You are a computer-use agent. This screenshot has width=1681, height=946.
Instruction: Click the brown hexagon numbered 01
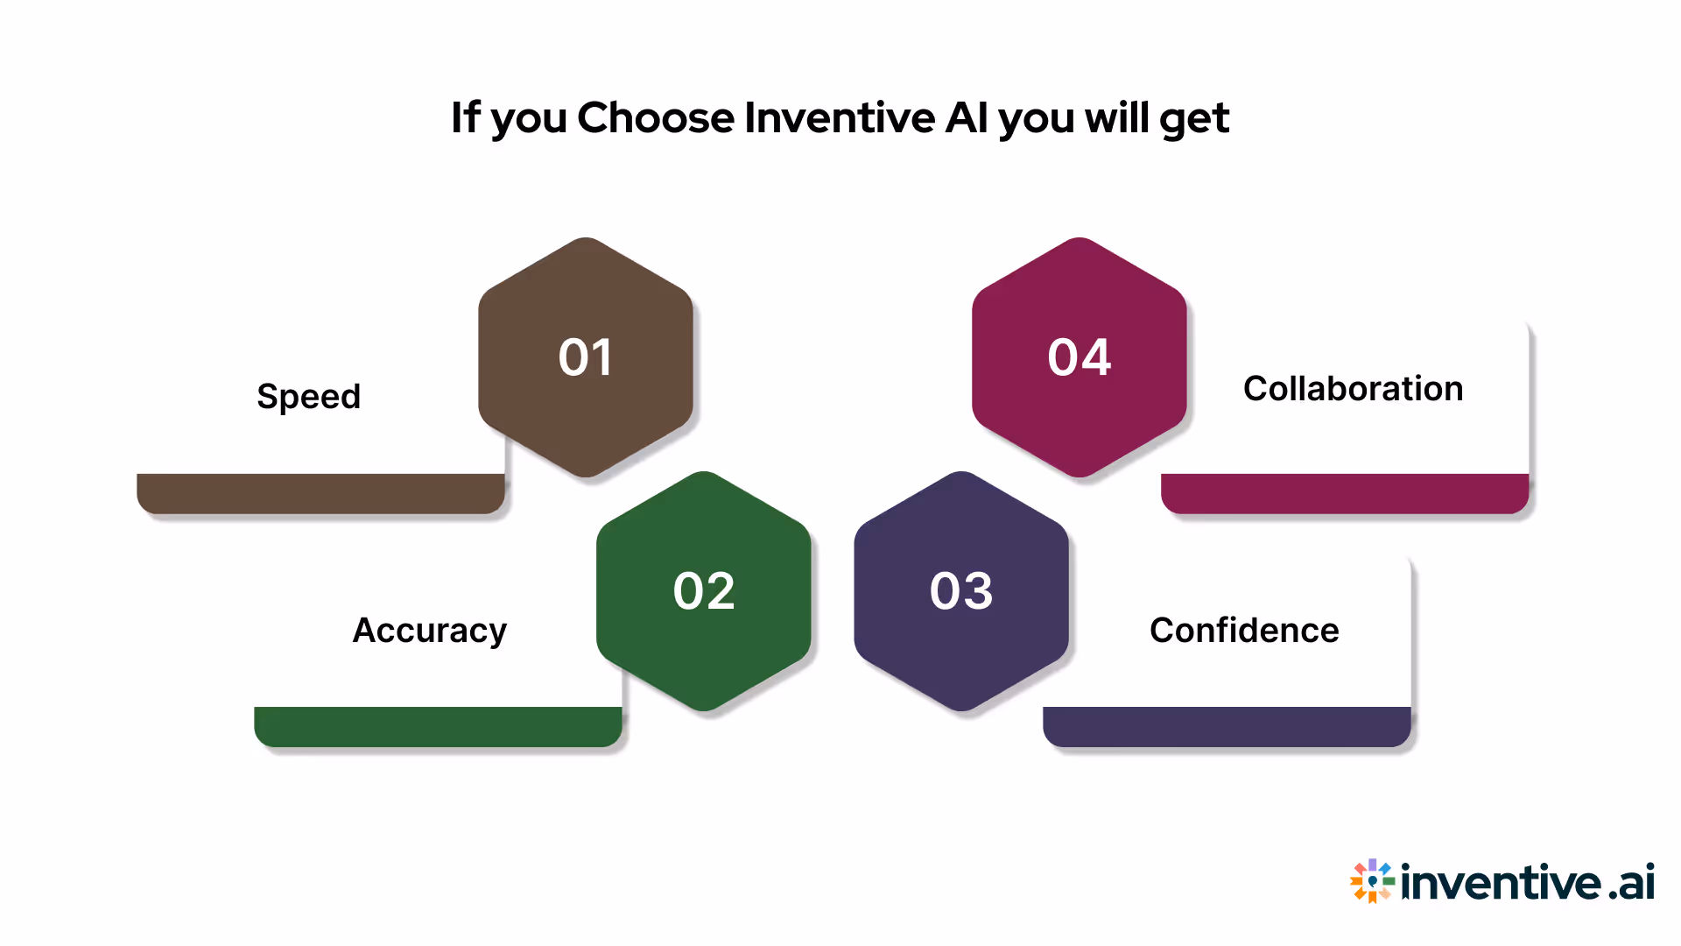[x=586, y=357]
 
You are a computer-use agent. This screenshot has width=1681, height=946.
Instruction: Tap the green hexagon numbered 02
[x=704, y=591]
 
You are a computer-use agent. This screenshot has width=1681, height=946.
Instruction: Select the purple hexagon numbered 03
[x=961, y=591]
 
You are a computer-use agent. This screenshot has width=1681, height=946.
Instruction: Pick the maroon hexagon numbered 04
[x=1080, y=357]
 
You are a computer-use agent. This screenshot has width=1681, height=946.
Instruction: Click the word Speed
[x=308, y=397]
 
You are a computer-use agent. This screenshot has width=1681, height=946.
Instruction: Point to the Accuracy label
[x=429, y=631]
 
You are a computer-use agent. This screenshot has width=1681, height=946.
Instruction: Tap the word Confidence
[x=1244, y=631]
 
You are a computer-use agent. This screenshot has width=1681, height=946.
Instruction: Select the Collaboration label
[x=1353, y=389]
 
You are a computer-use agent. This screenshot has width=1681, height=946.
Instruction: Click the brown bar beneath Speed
[x=320, y=493]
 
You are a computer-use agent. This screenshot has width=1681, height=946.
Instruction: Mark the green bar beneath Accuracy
[x=438, y=726]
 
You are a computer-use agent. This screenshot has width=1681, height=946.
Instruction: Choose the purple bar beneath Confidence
[x=1227, y=726]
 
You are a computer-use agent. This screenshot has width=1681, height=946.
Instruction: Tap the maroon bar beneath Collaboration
[x=1345, y=493]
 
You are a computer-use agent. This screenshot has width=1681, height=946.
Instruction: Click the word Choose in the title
[x=656, y=117]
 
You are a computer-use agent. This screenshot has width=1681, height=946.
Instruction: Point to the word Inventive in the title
[x=840, y=117]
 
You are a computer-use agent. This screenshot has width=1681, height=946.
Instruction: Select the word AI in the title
[x=967, y=117]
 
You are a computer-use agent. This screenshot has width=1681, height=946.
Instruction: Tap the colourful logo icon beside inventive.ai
[x=1372, y=880]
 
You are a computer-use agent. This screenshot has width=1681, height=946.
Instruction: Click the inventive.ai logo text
[x=1528, y=881]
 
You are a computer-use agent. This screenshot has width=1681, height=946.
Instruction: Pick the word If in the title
[x=465, y=117]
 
